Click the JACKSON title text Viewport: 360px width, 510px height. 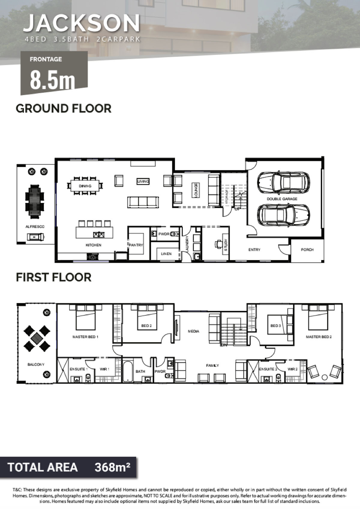coord(81,23)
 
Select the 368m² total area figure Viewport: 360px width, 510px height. coord(112,467)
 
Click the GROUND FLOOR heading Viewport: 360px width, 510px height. coord(64,108)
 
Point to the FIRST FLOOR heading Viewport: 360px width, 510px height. coord(53,277)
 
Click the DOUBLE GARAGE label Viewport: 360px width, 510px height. coord(282,199)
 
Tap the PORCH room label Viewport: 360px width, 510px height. coord(307,249)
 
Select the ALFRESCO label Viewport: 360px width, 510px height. coord(35,227)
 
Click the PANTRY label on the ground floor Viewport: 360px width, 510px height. coord(136,245)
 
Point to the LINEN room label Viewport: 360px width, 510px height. coord(166,254)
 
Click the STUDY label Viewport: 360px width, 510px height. coord(226,245)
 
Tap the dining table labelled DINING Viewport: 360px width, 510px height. coord(85,186)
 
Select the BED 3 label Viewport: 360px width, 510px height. coord(275,326)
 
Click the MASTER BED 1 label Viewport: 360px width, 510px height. coord(85,337)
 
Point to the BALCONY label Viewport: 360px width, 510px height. coord(36,364)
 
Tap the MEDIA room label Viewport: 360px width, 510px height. coord(193,331)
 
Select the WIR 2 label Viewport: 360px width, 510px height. coord(292,369)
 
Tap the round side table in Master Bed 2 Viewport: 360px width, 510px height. coord(325,377)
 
